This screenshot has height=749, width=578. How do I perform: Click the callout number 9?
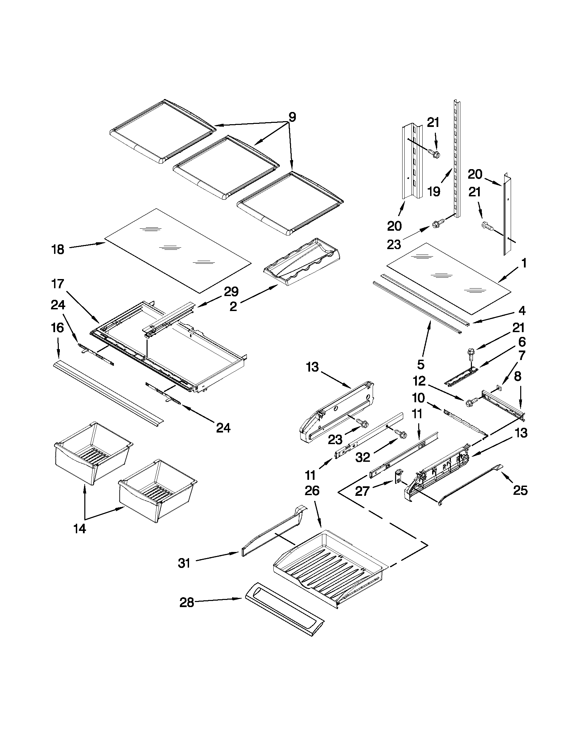coord(292,117)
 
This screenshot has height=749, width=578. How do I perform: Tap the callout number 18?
coord(58,249)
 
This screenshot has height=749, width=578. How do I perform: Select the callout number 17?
coord(57,283)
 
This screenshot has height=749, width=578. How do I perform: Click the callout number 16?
coord(57,327)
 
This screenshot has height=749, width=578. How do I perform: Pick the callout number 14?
coord(80,529)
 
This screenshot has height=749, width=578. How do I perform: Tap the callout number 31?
coord(184,563)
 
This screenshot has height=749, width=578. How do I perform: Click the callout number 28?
coord(187,602)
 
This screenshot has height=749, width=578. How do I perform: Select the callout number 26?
coord(312,491)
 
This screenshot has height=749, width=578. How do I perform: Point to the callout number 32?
coord(363,457)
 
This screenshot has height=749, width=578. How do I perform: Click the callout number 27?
coord(362,491)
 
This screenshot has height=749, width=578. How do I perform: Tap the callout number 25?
coord(520,491)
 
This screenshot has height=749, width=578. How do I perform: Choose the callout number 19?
coord(434,191)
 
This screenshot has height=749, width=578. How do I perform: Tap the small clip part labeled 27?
coord(399,476)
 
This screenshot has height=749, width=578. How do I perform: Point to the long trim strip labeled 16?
coord(108,391)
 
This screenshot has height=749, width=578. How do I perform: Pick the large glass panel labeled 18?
coord(178,250)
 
